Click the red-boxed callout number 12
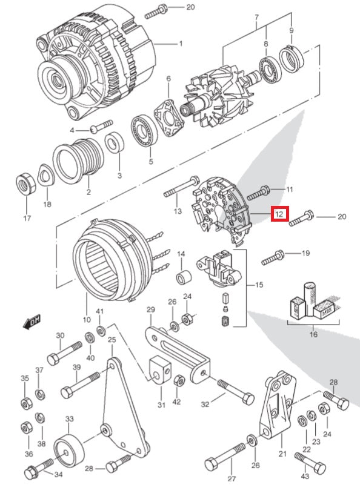280,214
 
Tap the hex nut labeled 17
25,182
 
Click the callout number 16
313,333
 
